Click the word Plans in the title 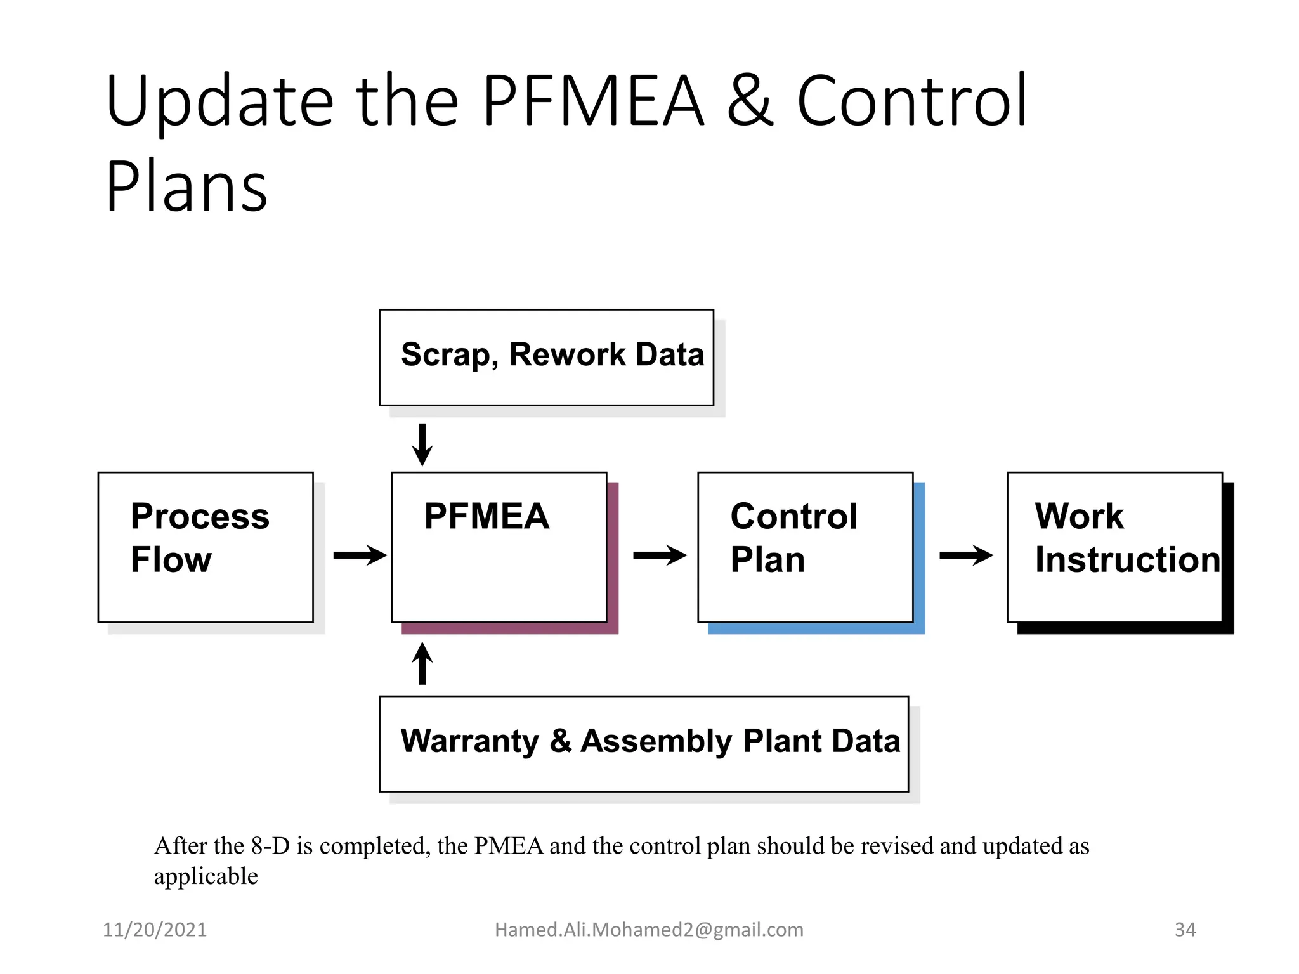point(186,187)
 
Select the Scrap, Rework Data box point(546,358)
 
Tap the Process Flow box point(206,547)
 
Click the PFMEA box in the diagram point(499,547)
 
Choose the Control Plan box point(805,547)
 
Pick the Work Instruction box point(1114,547)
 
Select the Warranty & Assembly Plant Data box point(643,743)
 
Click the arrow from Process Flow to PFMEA point(360,555)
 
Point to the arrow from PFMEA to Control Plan point(660,555)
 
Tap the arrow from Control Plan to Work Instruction point(965,555)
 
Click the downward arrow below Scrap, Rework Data point(422,445)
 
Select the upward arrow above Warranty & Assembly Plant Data point(422,663)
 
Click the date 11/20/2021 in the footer point(155,930)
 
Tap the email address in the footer point(649,930)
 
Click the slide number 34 point(1185,930)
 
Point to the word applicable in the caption point(206,876)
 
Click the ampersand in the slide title point(750,101)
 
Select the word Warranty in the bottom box point(469,741)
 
